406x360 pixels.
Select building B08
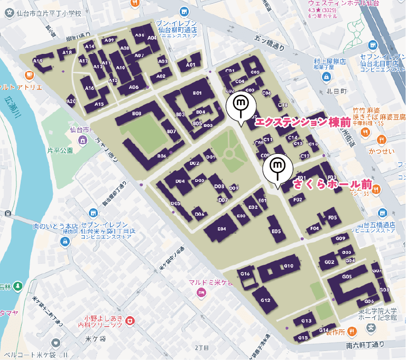pyautogui.click(x=137, y=114)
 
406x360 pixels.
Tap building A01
pyautogui.click(x=191, y=64)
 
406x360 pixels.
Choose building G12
pyautogui.click(x=265, y=300)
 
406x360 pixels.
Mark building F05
pyautogui.click(x=332, y=217)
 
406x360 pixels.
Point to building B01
pyautogui.click(x=197, y=94)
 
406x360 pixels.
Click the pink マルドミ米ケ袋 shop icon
pyautogui.click(x=201, y=293)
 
